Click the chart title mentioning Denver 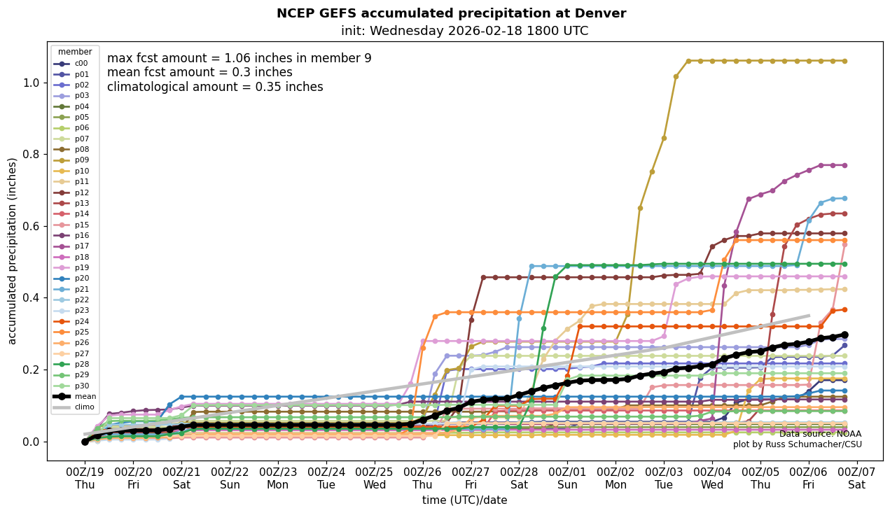click(451, 13)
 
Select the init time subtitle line click(464, 31)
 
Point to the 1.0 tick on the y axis click(31, 83)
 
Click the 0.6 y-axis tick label click(31, 226)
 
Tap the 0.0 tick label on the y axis click(31, 442)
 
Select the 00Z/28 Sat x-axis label click(519, 478)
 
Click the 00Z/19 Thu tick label click(85, 478)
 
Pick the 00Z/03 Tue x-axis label click(664, 478)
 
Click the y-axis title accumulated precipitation click(12, 251)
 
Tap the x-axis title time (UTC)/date click(464, 500)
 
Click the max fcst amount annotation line click(239, 59)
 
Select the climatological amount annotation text click(215, 87)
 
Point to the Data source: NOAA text click(820, 434)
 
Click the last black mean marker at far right click(844, 335)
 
